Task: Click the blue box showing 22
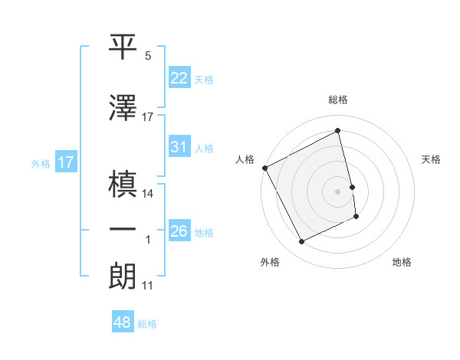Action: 179,77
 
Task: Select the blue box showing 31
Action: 179,147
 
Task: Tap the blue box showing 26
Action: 179,231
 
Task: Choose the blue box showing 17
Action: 65,162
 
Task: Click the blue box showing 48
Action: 123,322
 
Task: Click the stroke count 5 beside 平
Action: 147,57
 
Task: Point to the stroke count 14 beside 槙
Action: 148,193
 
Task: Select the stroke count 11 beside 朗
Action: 147,286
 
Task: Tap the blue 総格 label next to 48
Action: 147,324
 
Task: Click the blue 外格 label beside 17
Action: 40,163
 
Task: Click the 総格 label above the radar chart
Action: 338,100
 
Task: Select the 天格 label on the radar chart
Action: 431,159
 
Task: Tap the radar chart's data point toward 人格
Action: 264,168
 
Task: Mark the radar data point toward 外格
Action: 301,242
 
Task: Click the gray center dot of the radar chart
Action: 338,191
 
